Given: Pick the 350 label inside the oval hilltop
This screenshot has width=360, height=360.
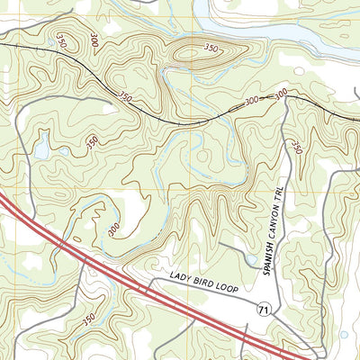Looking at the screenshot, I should pyautogui.click(x=211, y=48).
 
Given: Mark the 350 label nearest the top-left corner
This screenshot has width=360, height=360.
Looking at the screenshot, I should pyautogui.click(x=61, y=41).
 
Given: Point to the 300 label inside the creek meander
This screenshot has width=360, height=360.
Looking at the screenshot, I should pyautogui.click(x=113, y=230).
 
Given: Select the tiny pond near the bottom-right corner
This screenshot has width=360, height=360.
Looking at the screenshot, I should pyautogui.click(x=343, y=335).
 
